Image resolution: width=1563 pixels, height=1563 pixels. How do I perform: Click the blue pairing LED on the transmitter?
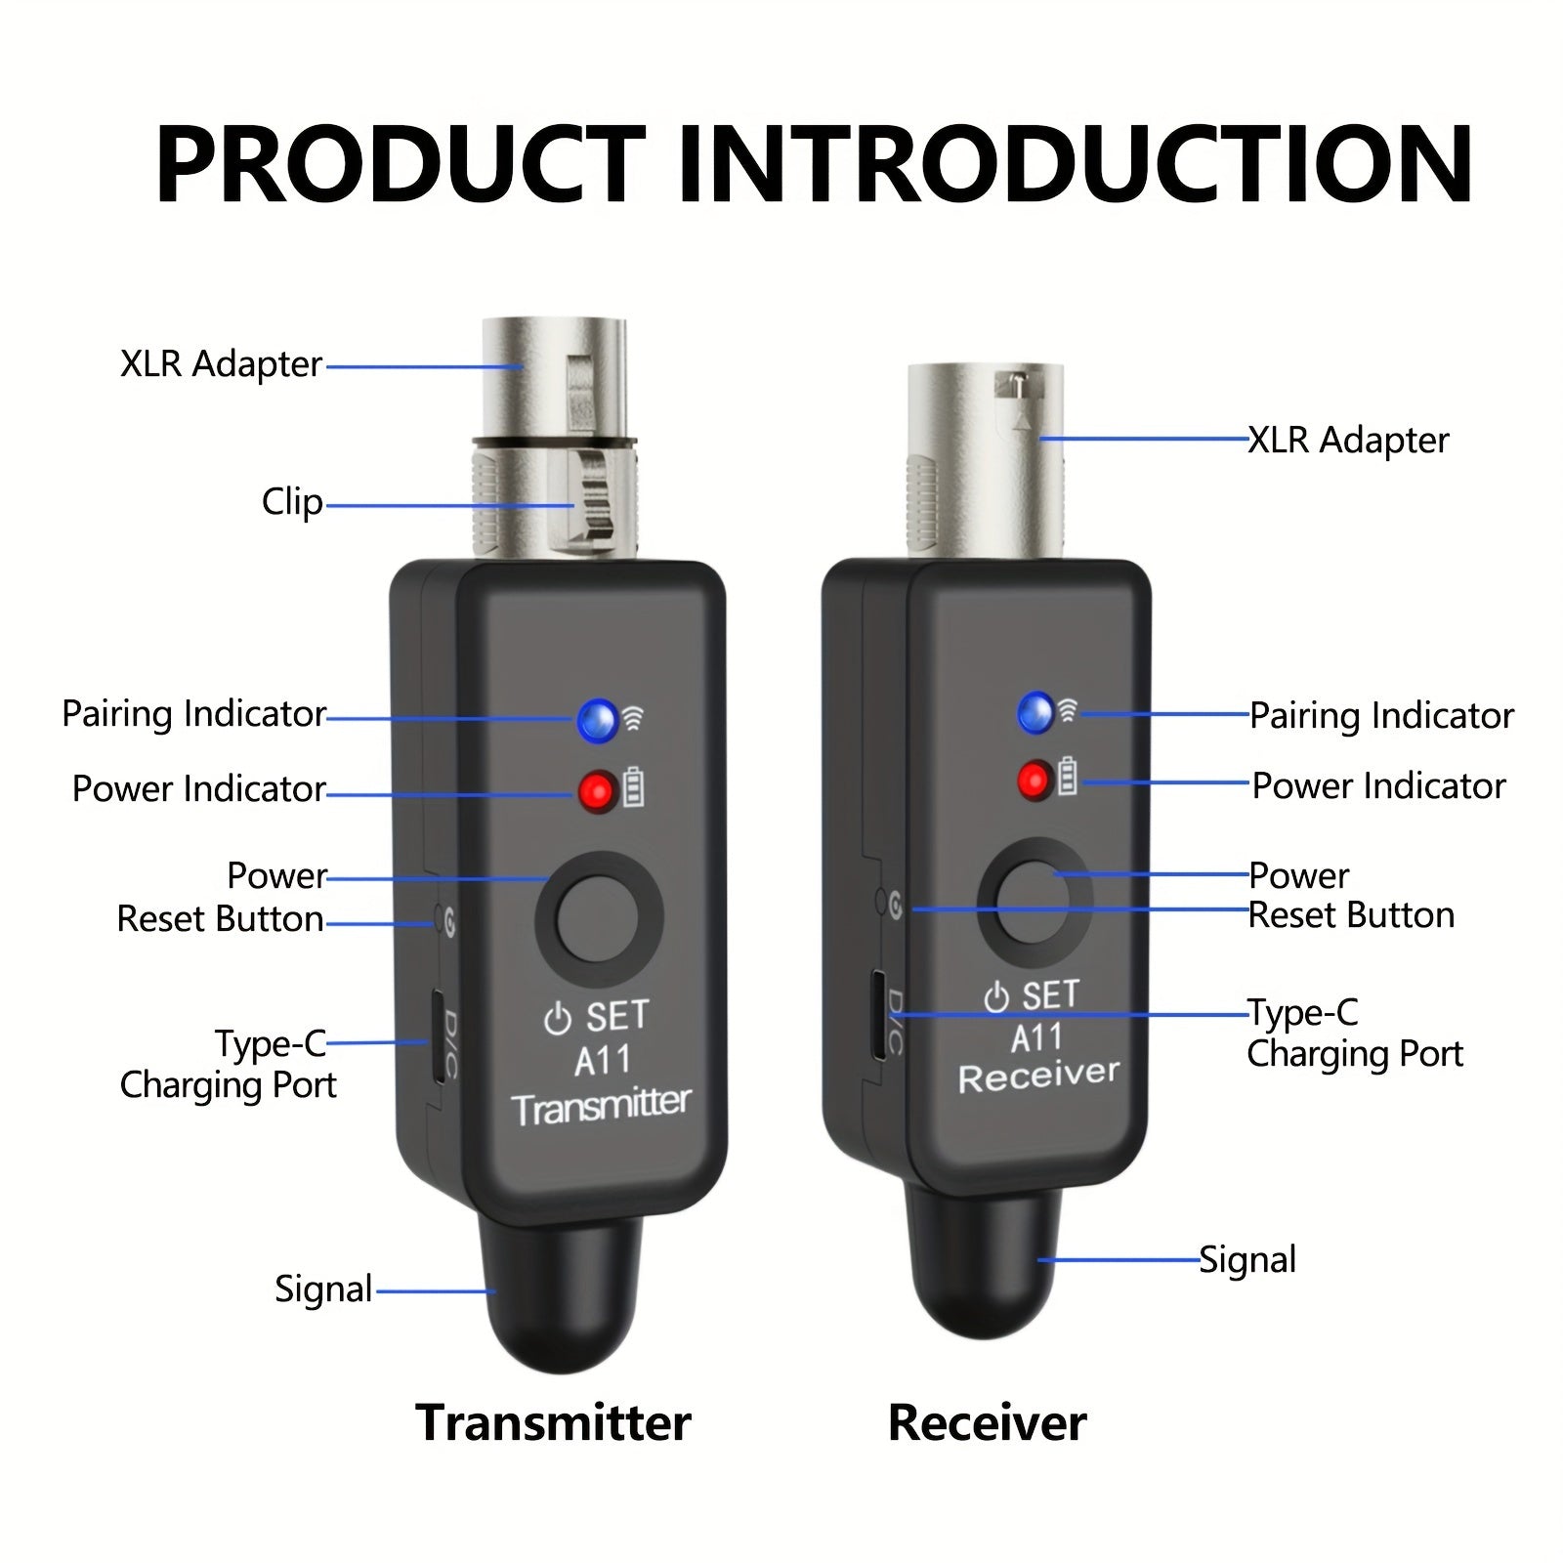pos(597,720)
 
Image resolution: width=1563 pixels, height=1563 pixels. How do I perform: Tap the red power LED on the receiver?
pos(1033,781)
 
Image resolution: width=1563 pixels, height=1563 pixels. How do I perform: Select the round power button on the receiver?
pos(1034,902)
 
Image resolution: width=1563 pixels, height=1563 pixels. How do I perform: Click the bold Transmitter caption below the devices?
pos(553,1422)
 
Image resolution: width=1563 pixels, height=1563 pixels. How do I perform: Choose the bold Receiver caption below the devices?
pos(987,1422)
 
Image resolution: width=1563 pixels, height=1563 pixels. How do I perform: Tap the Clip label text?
pos(292,502)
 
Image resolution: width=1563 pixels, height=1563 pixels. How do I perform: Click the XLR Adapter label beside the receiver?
pos(1348,441)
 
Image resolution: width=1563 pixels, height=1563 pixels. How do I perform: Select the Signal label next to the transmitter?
pos(323,1289)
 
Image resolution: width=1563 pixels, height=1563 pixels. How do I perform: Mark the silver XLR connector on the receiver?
pos(985,459)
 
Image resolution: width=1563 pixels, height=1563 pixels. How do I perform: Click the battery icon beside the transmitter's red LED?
pos(634,787)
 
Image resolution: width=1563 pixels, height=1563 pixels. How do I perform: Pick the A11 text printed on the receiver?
pos(1036,1037)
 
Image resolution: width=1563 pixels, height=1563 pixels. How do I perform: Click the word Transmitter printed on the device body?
pos(601,1107)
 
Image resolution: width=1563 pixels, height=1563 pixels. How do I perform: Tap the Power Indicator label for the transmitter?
pos(198,788)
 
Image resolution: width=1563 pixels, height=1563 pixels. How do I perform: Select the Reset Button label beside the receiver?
pos(1351,915)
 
